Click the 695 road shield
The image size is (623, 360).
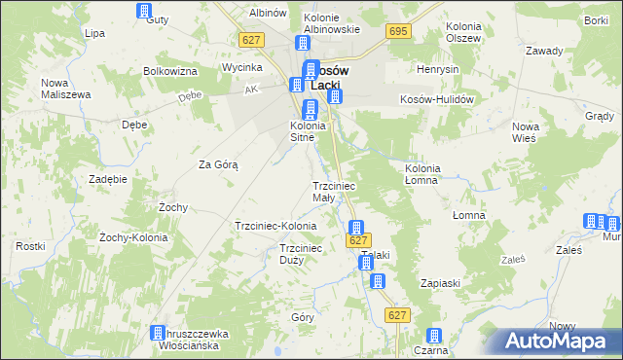[397, 32]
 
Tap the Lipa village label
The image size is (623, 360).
[94, 32]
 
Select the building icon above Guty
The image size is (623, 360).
[145, 12]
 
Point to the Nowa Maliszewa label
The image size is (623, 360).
[66, 88]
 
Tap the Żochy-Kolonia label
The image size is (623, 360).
[134, 236]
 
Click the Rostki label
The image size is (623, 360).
[30, 246]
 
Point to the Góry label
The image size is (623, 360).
[303, 317]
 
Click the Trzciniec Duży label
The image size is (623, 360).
[301, 254]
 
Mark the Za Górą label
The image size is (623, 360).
[219, 164]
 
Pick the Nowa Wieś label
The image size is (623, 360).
[526, 132]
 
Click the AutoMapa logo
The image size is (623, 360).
[560, 341]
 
